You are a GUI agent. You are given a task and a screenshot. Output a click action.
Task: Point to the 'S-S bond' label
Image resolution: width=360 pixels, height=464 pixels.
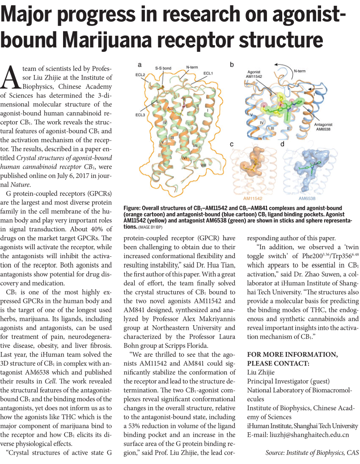point(163,68)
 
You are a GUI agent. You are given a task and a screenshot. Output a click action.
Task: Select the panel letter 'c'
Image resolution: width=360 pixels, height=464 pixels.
point(232,144)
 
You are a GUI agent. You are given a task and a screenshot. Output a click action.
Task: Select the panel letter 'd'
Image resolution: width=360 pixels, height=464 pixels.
point(282,144)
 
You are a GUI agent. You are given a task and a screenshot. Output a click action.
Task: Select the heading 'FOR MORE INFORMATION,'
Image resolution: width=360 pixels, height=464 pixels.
point(293,354)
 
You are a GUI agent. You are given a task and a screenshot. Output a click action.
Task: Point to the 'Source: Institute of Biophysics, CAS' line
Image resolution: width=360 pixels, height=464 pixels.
point(312,452)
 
